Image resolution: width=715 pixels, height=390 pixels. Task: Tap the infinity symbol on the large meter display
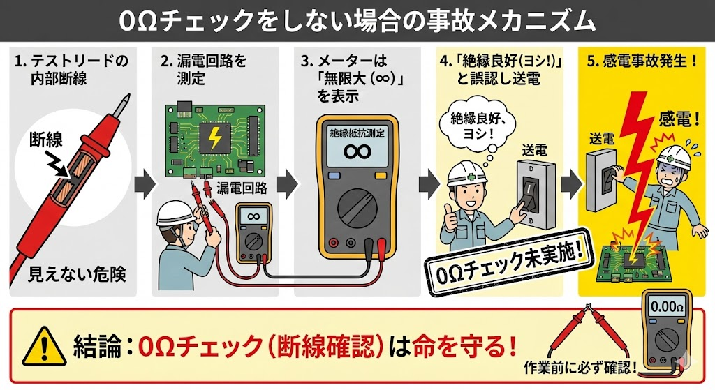tap(357, 152)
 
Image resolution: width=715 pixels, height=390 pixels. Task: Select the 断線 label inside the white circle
tap(45, 142)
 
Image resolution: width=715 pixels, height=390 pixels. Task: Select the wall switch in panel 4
tap(533, 193)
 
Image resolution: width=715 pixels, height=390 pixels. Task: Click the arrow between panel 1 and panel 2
tap(144, 183)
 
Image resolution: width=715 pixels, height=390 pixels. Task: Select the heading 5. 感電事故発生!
tap(642, 61)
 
